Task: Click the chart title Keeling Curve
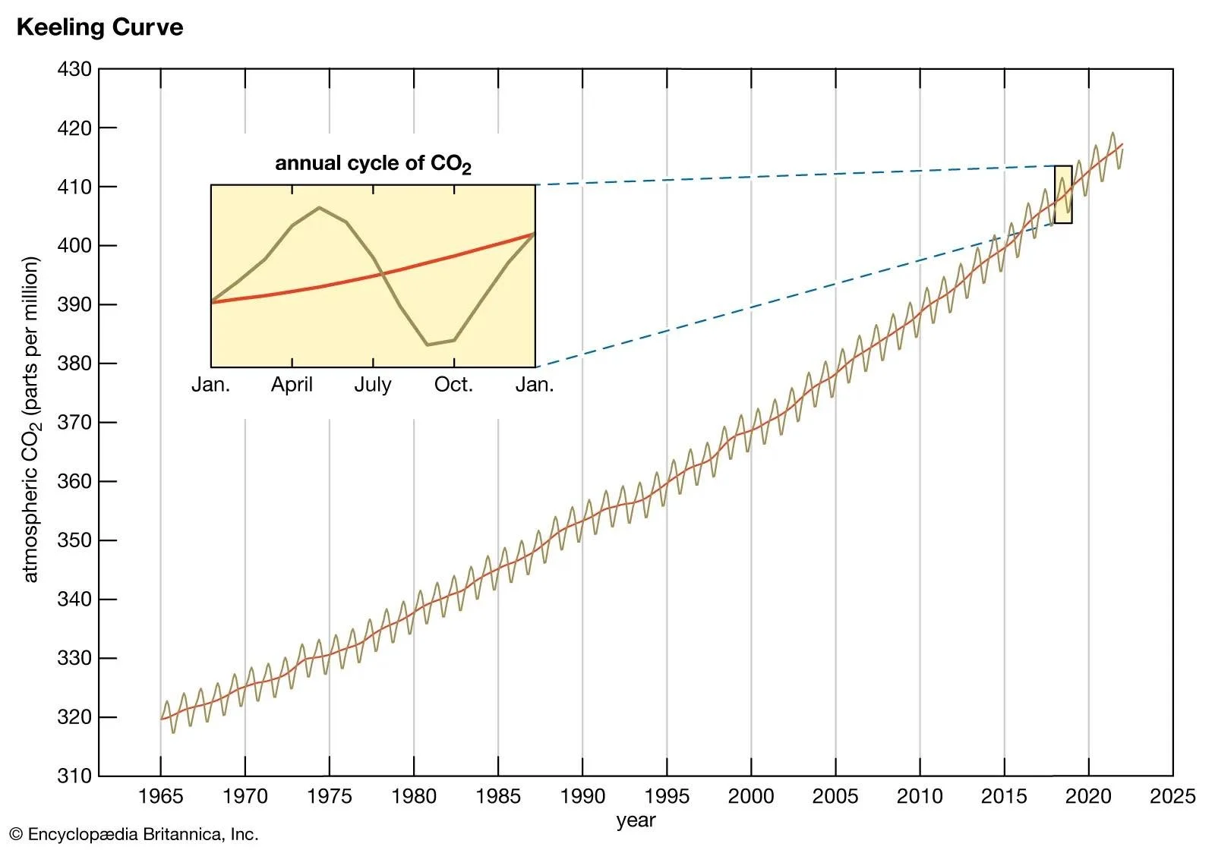click(x=99, y=27)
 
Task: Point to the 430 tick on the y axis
click(x=74, y=69)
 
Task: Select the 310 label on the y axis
click(x=74, y=776)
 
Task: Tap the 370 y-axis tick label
click(x=74, y=423)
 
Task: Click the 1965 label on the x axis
click(x=160, y=796)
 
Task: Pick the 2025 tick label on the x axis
click(x=1172, y=796)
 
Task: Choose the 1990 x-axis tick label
click(x=582, y=796)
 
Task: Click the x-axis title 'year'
click(x=636, y=820)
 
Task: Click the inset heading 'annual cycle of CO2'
click(x=372, y=164)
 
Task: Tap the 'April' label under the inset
click(x=292, y=385)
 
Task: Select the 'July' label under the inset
click(x=373, y=385)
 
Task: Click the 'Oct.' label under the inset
click(x=453, y=385)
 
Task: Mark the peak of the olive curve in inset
click(x=319, y=208)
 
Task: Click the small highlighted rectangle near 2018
click(x=1063, y=194)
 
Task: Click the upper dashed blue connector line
click(x=797, y=175)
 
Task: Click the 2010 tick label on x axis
click(x=920, y=796)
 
